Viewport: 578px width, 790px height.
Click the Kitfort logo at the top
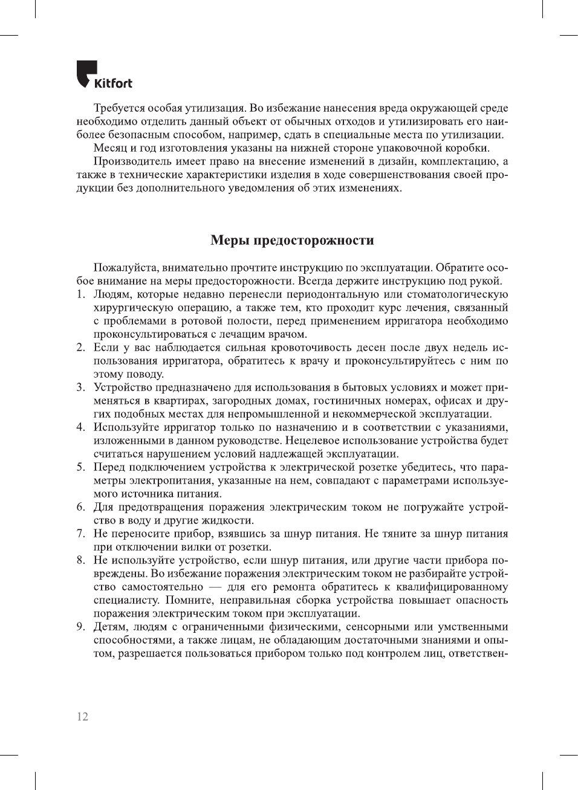coord(104,76)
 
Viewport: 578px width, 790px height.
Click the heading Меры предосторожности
coord(292,240)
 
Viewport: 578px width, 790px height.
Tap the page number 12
coord(82,716)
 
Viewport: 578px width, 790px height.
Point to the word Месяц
coord(110,148)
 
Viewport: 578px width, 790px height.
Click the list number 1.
coord(80,294)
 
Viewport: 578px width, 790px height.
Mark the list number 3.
coord(80,387)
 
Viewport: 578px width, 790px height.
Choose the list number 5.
coord(80,467)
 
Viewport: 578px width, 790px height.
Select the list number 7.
coord(80,534)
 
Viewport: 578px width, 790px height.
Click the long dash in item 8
coord(215,587)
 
